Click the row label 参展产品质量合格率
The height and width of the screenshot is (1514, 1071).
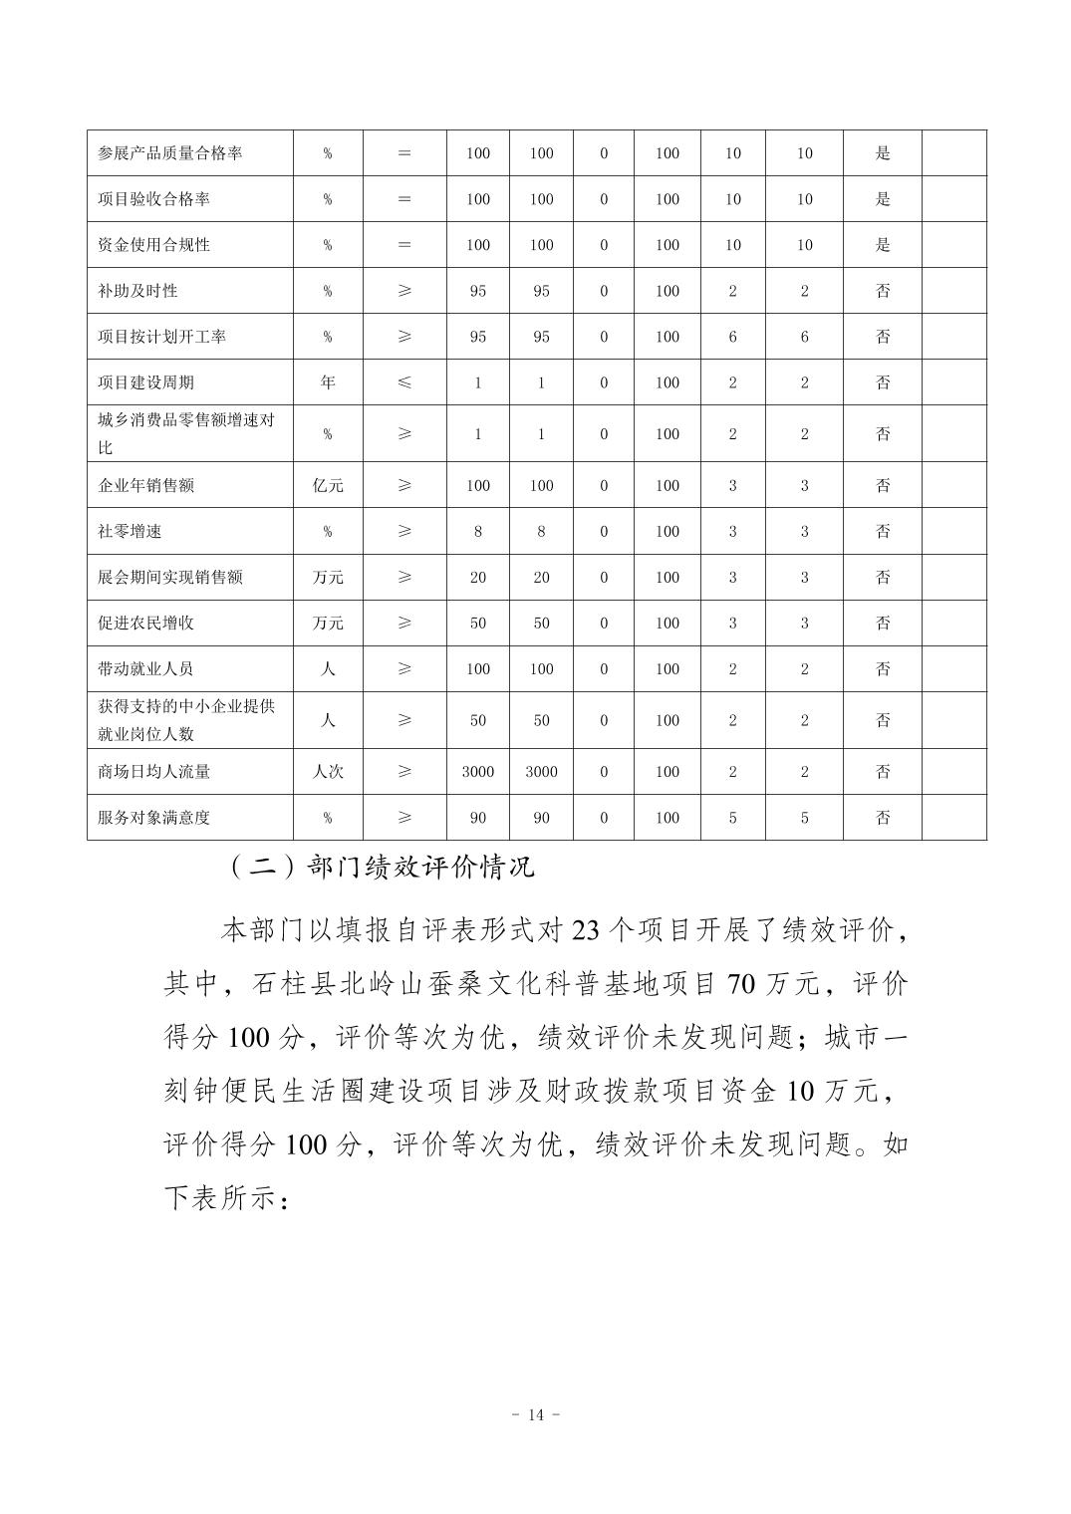click(x=169, y=153)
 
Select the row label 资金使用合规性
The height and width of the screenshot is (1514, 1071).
click(x=153, y=245)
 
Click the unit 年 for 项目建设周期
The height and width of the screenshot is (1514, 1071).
click(x=328, y=382)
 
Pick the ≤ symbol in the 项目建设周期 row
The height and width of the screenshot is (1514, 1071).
click(x=404, y=382)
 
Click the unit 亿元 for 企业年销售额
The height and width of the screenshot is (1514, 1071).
click(x=328, y=486)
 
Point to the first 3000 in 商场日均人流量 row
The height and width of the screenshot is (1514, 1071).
click(x=478, y=772)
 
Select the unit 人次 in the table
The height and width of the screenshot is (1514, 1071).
click(x=328, y=772)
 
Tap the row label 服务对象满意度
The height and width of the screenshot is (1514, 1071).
click(x=153, y=818)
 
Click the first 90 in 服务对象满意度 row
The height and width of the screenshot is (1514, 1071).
click(x=478, y=818)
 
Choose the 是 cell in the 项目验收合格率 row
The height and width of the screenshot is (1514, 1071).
click(x=883, y=199)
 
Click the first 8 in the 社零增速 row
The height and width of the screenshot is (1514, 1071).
click(x=478, y=532)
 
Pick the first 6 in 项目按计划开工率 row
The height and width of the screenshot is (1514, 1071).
click(x=733, y=337)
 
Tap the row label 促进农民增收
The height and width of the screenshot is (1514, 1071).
click(x=145, y=624)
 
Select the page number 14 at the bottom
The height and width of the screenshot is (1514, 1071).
click(x=536, y=1415)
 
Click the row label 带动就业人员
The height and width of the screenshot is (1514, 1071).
click(x=145, y=669)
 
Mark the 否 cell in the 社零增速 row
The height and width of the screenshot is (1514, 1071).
click(x=883, y=532)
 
